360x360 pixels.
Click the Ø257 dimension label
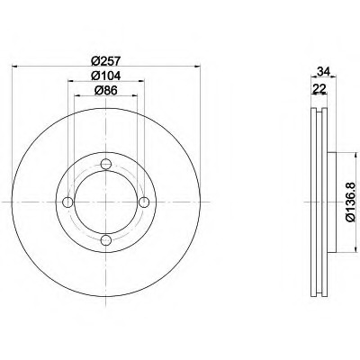[x=105, y=61]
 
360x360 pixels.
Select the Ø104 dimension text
[x=105, y=76]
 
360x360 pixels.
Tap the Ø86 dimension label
[x=105, y=90]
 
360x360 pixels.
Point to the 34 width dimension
[x=324, y=72]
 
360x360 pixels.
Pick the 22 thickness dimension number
[x=319, y=88]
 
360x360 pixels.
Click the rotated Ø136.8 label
[x=350, y=202]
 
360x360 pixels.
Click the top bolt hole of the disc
[x=106, y=164]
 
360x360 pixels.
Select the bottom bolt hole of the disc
[x=106, y=239]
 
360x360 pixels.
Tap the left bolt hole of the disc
[x=68, y=202]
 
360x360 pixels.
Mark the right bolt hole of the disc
[x=144, y=202]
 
